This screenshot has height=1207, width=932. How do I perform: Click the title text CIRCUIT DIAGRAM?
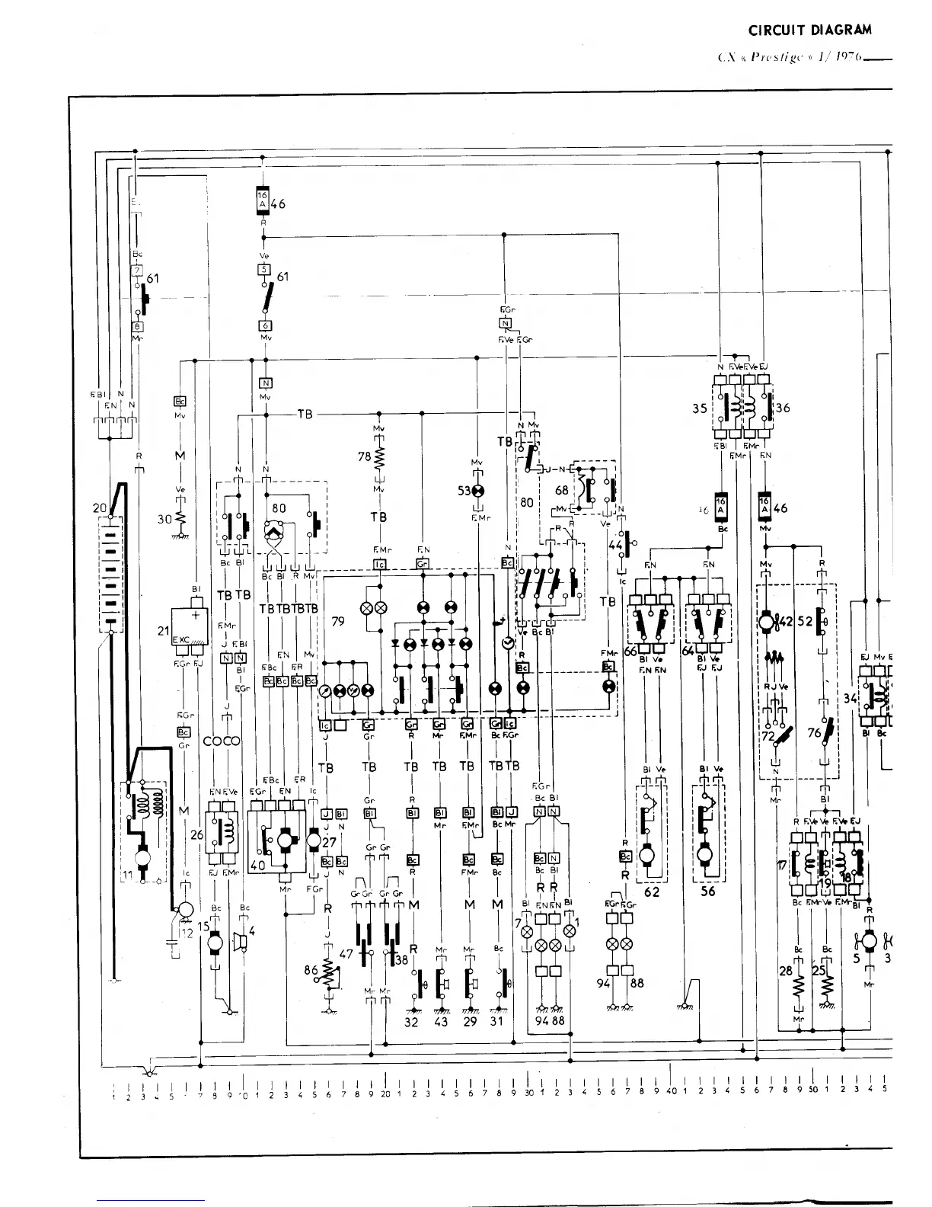point(809,30)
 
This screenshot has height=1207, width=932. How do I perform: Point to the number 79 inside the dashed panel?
point(338,621)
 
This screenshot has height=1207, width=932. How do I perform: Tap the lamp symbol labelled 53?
point(477,491)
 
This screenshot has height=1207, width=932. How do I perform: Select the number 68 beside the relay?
point(561,491)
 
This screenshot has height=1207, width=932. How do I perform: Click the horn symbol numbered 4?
point(242,943)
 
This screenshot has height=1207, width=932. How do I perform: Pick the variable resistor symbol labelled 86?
point(329,973)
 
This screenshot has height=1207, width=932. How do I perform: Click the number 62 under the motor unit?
point(651,891)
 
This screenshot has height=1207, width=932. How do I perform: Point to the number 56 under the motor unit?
point(708,891)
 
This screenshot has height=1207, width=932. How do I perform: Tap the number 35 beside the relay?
point(700,408)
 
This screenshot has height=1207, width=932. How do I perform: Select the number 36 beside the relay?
point(782,408)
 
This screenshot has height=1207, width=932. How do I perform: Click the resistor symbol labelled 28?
point(798,988)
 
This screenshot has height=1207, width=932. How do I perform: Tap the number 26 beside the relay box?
point(196,835)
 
